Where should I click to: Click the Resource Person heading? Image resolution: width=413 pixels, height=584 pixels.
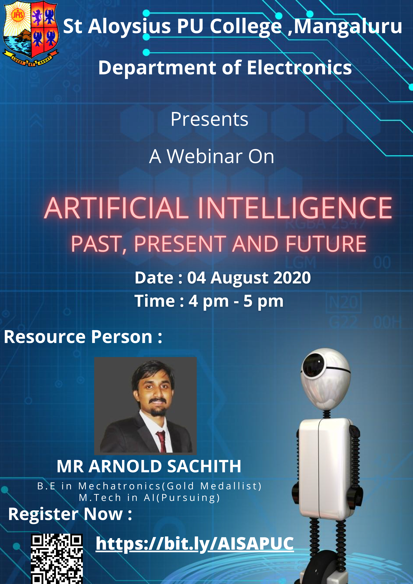(x=83, y=337)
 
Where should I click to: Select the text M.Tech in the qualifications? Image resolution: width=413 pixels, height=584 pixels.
(x=100, y=498)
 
